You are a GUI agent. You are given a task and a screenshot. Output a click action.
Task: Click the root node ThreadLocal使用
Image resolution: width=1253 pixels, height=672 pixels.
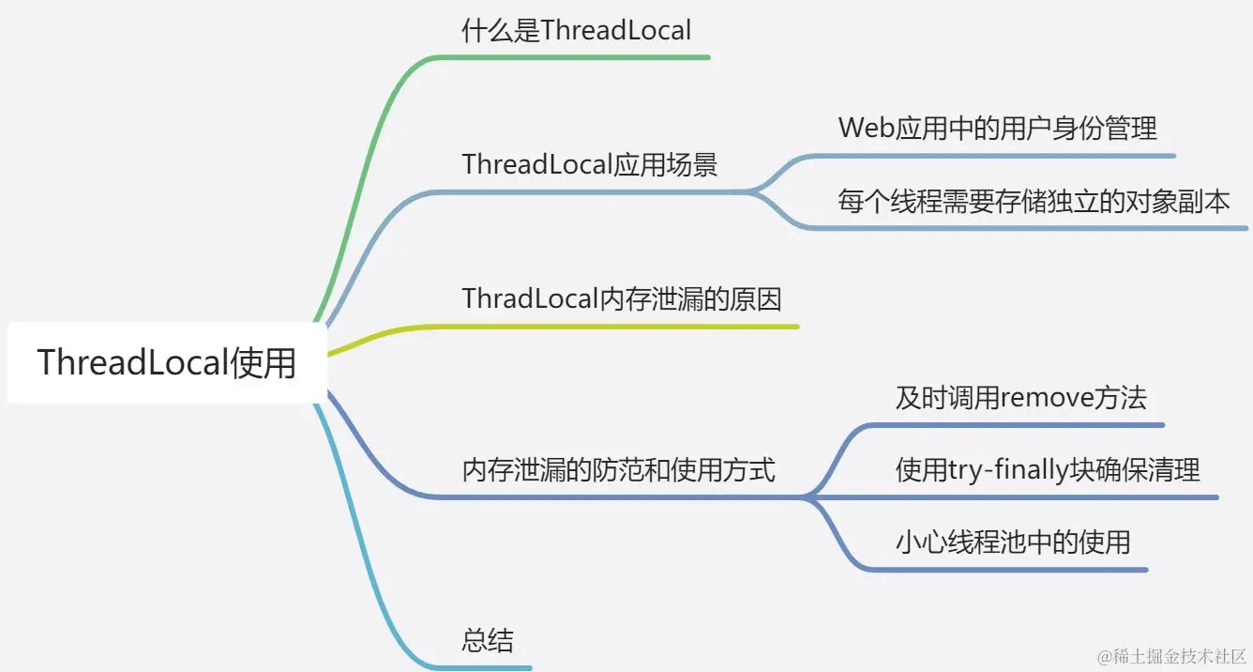pyautogui.click(x=167, y=363)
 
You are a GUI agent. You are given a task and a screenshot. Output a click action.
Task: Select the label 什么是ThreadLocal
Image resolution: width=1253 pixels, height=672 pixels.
pyautogui.click(x=576, y=31)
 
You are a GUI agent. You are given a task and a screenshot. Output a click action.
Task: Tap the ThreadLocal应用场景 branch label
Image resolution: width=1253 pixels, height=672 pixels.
pyautogui.click(x=589, y=165)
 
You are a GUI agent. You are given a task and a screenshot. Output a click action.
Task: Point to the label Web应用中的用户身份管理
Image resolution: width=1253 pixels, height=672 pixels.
pyautogui.click(x=998, y=128)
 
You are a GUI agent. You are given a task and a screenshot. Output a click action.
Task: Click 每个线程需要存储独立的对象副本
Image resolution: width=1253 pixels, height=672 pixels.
pyautogui.click(x=1034, y=202)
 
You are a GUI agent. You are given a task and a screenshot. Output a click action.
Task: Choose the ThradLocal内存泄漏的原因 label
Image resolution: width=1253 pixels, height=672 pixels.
pyautogui.click(x=622, y=299)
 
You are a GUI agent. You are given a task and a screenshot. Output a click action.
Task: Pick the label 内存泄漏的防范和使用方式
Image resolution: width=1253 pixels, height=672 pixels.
pyautogui.click(x=619, y=469)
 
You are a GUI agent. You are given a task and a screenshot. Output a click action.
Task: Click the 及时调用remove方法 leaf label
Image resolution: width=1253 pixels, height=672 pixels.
pyautogui.click(x=1020, y=398)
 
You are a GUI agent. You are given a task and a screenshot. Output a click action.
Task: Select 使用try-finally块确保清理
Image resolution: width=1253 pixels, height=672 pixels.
pyautogui.click(x=1048, y=469)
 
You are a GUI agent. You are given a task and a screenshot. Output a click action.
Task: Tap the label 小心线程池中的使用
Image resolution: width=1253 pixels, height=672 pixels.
pyautogui.click(x=1013, y=542)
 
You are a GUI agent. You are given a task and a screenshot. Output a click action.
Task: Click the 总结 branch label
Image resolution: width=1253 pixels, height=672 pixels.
pyautogui.click(x=488, y=641)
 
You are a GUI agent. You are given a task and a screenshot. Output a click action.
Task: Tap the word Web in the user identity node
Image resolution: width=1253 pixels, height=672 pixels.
pyautogui.click(x=863, y=128)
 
